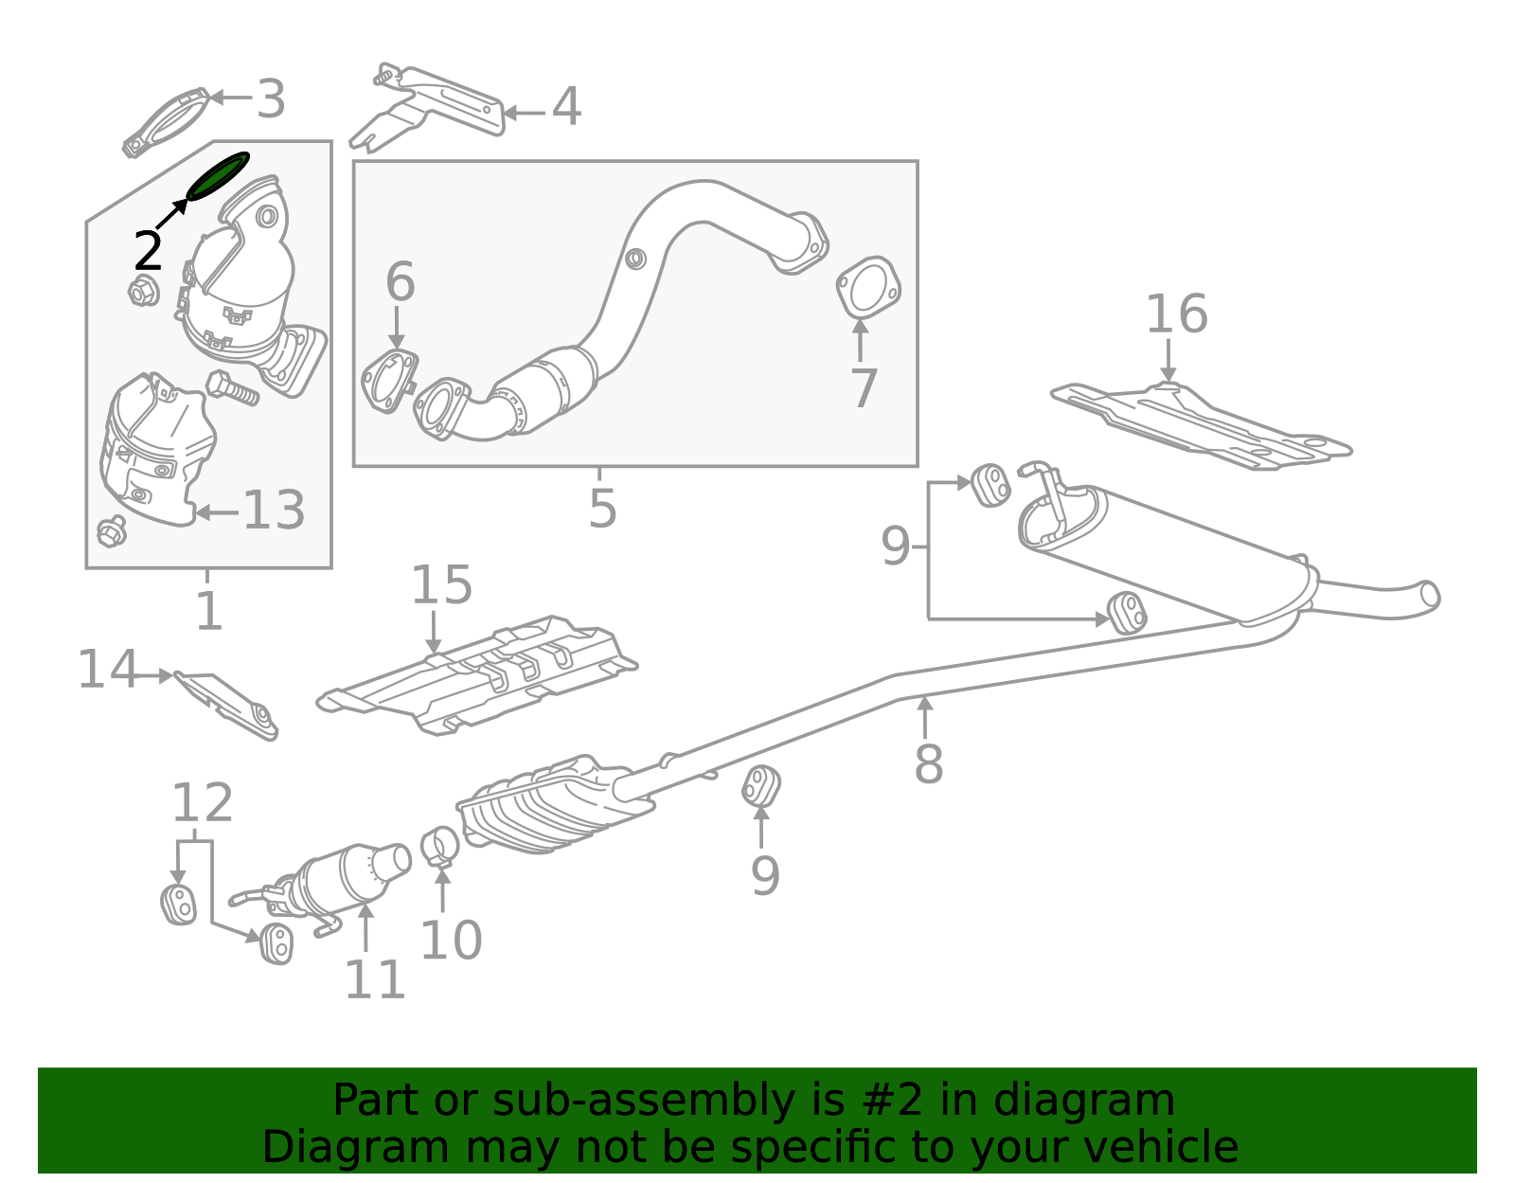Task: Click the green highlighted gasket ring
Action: pos(218,176)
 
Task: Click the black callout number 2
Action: pos(148,252)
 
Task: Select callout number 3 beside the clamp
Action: pos(271,99)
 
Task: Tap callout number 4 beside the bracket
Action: pos(566,107)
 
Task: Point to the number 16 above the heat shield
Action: pos(1177,314)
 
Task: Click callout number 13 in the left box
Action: pos(274,511)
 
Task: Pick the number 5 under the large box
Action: pos(602,510)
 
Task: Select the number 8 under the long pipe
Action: pos(928,764)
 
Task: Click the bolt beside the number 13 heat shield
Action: pos(232,388)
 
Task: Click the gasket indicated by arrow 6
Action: pos(388,381)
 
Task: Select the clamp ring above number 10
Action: pos(440,846)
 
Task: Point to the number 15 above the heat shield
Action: pos(441,585)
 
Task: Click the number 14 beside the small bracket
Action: pos(107,670)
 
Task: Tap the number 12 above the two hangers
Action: pos(202,804)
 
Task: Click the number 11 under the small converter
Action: pos(375,979)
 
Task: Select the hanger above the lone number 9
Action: pos(760,786)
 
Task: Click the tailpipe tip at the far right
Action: pos(1428,596)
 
